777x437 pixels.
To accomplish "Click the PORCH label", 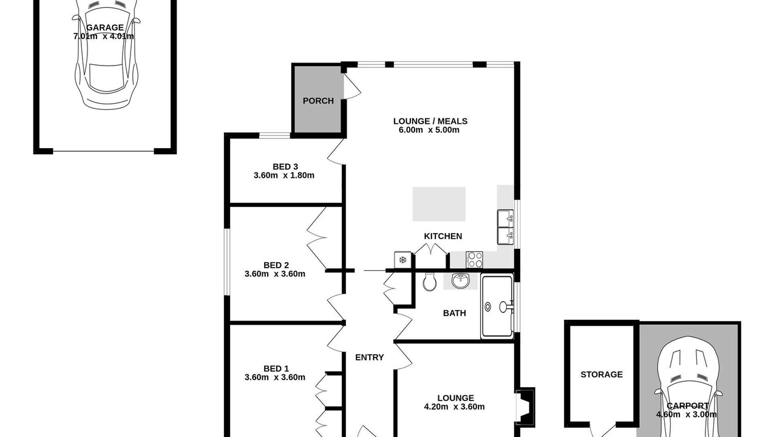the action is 318,101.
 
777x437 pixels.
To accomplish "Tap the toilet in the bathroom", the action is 430,281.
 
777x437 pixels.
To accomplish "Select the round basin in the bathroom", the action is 461,280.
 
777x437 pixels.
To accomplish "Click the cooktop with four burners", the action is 474,259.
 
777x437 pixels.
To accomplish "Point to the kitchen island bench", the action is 439,204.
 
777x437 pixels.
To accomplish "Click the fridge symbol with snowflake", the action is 402,260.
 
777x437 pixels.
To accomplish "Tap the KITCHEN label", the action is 443,236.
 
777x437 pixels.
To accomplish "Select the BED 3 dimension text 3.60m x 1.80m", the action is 283,175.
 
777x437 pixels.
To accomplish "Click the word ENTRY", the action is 370,357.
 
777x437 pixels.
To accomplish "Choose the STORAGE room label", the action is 602,374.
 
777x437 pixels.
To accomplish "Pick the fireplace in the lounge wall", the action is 525,406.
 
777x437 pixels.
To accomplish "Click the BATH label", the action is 455,313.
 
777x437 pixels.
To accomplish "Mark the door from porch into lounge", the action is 351,86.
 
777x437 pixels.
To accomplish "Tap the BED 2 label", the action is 276,265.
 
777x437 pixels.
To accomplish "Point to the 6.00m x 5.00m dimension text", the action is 429,130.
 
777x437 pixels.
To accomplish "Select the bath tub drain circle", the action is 487,307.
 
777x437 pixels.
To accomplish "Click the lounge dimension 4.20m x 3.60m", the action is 454,407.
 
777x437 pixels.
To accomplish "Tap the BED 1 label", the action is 276,368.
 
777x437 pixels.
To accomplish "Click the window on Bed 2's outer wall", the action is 226,262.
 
